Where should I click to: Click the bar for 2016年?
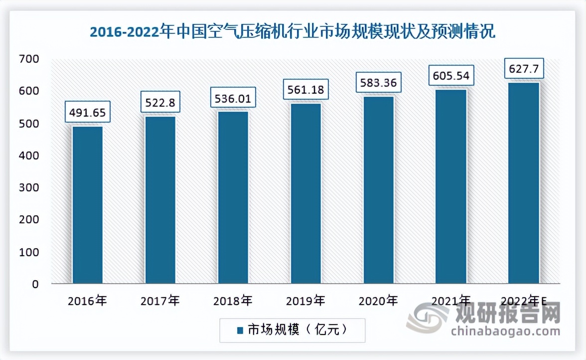(x=88, y=205)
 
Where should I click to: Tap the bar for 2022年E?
(x=524, y=183)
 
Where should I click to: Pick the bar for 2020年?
(x=378, y=190)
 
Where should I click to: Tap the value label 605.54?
(x=451, y=76)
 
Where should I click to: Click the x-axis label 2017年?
(x=160, y=301)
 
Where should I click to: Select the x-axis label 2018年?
(x=233, y=301)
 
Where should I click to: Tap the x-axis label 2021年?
(x=451, y=301)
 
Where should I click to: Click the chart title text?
(x=293, y=33)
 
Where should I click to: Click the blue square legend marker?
(x=239, y=330)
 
